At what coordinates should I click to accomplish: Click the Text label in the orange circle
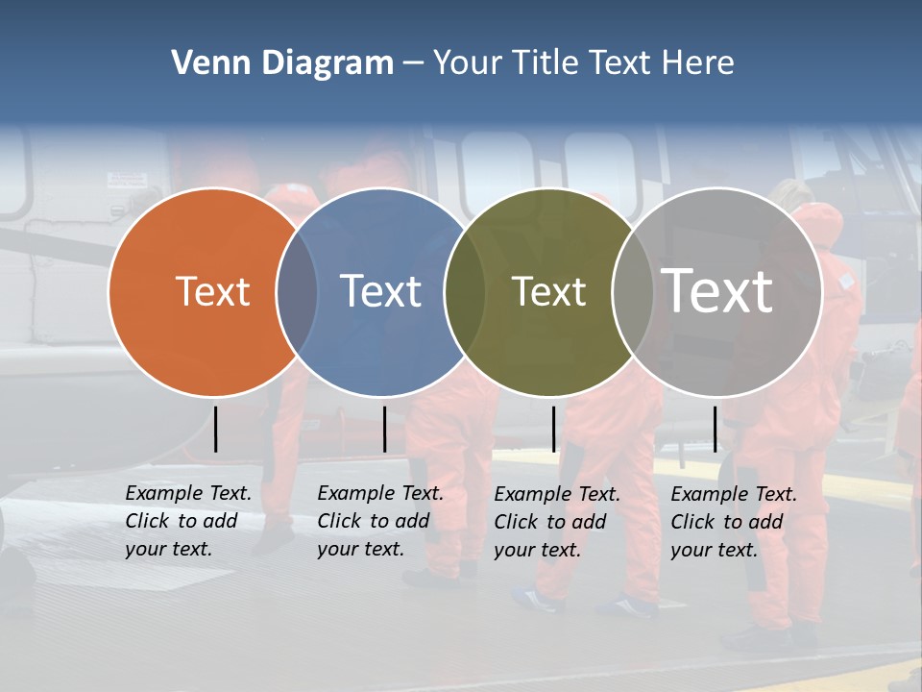[x=212, y=291]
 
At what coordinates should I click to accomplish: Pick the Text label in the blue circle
[x=380, y=291]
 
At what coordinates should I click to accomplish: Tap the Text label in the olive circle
[x=548, y=291]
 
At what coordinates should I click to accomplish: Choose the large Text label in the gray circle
[x=717, y=291]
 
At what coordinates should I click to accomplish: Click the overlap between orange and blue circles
[x=297, y=291]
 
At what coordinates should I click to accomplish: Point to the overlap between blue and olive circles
[x=465, y=291]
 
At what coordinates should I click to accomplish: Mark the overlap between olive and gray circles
[x=633, y=291]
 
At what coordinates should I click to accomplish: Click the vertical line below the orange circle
[x=215, y=429]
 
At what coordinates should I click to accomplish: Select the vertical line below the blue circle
[x=384, y=429]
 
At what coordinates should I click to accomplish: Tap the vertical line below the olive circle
[x=553, y=429]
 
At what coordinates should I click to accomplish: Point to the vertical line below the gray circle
[x=715, y=429]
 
